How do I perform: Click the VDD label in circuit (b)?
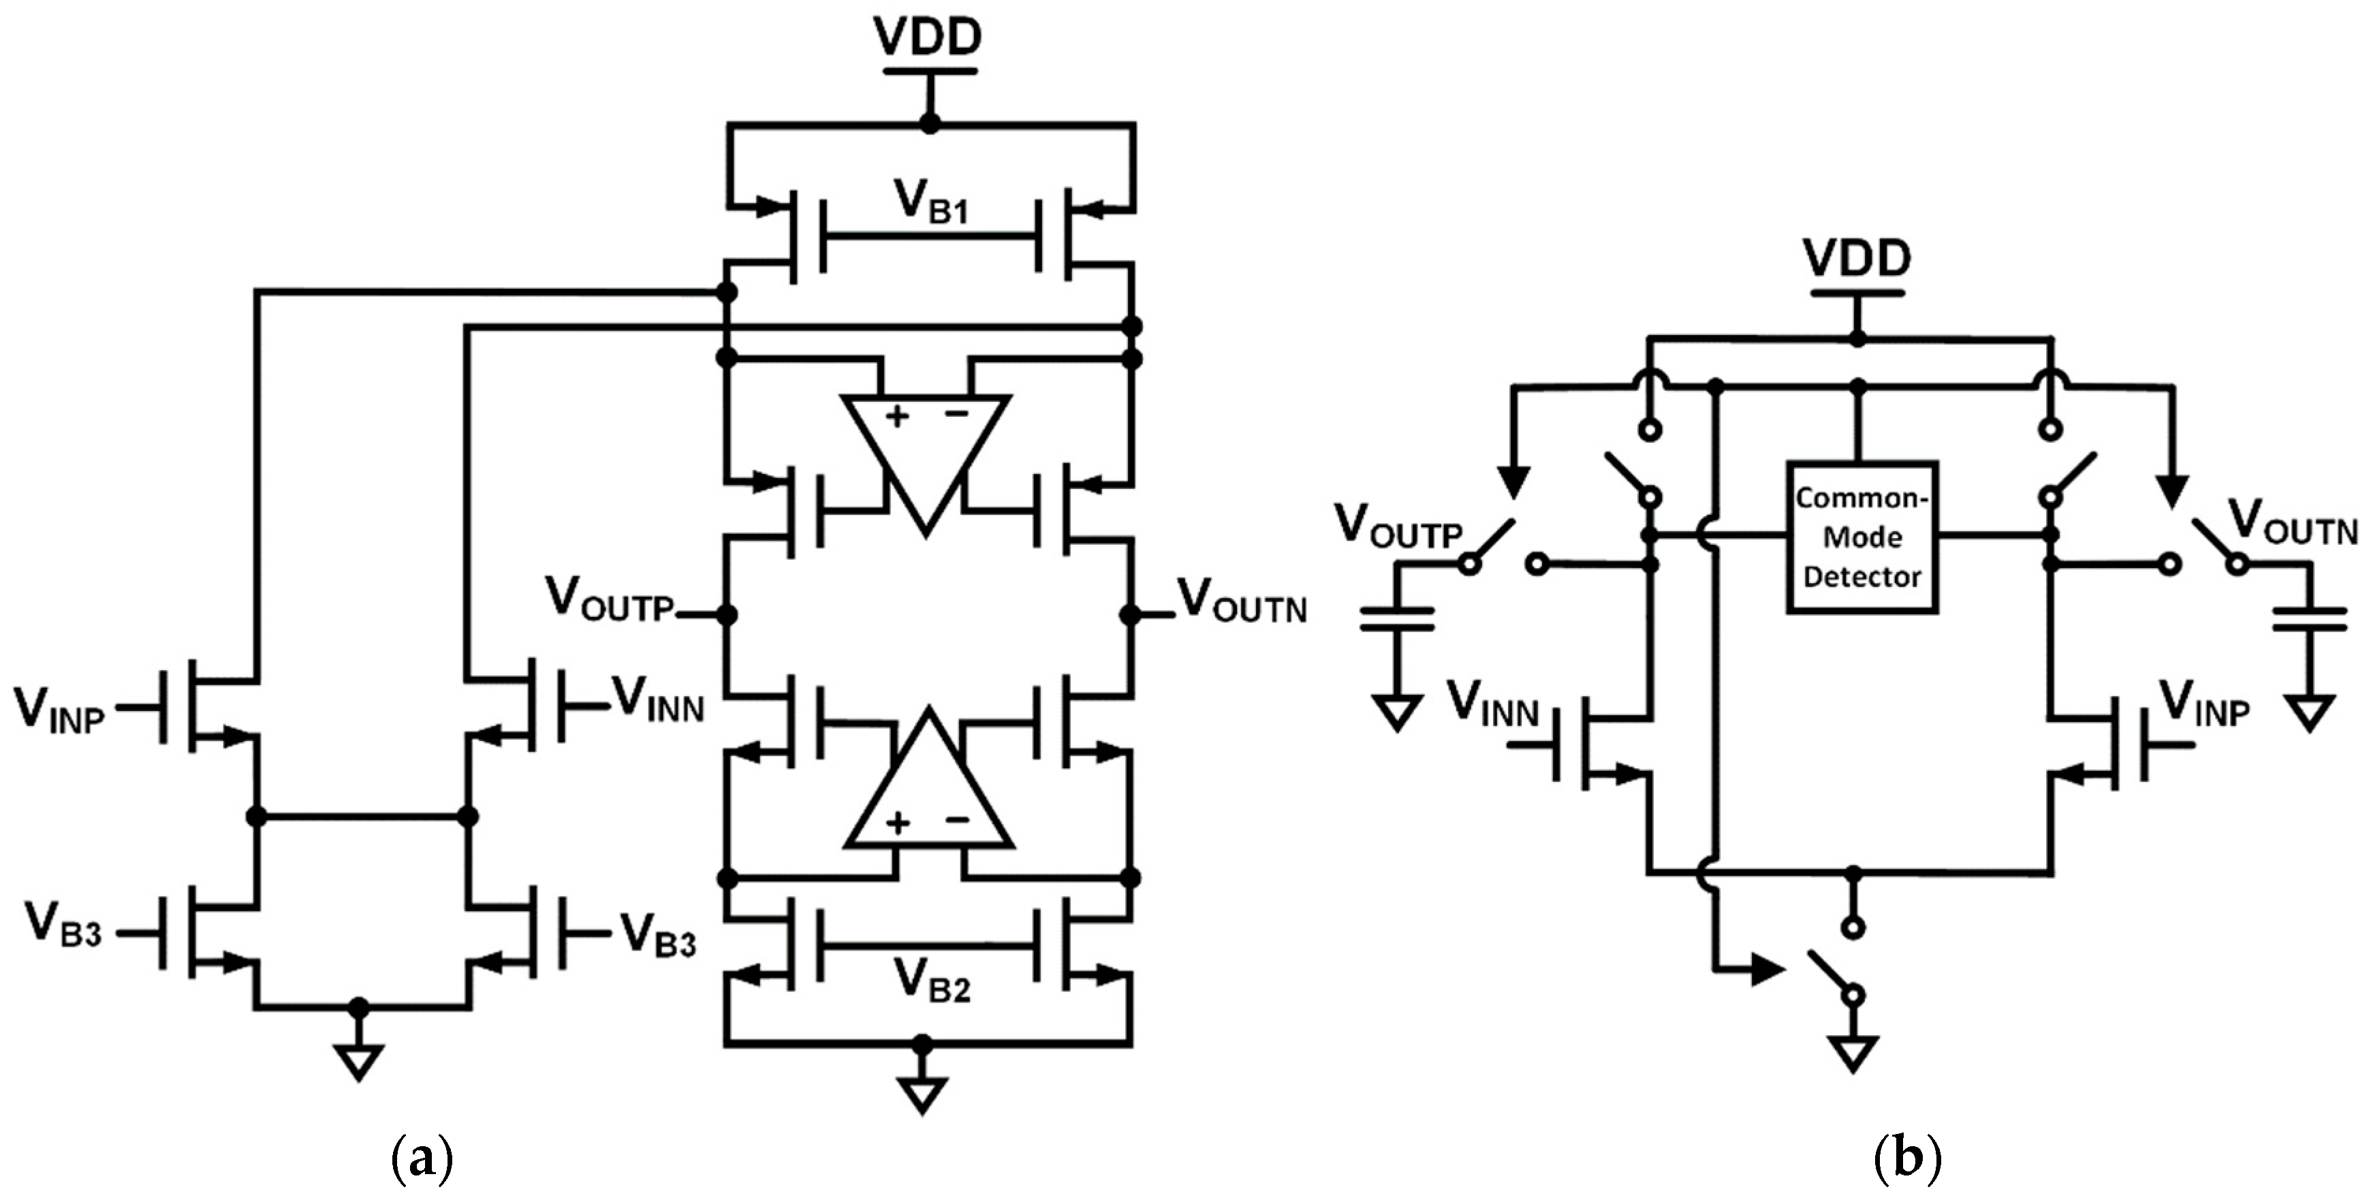coord(1857,259)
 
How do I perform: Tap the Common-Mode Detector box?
coord(1861,537)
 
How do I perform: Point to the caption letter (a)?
coord(422,1158)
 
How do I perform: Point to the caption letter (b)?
coord(1907,1158)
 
